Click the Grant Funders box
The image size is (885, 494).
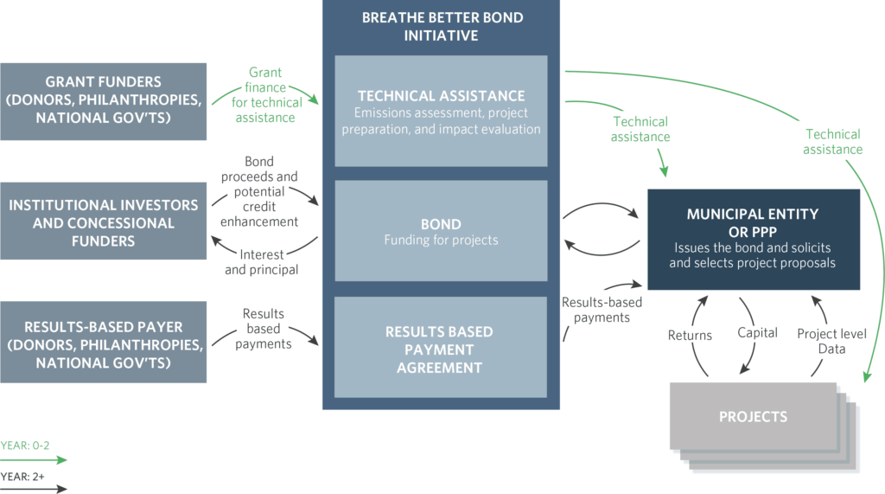pyautogui.click(x=104, y=101)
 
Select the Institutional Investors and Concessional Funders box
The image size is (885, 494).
pyautogui.click(x=104, y=222)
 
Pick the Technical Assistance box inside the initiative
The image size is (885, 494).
pyautogui.click(x=441, y=111)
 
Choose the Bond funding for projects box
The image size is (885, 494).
pyautogui.click(x=441, y=230)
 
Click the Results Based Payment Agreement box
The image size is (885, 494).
pyautogui.click(x=441, y=348)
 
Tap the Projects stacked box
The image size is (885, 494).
pyautogui.click(x=753, y=416)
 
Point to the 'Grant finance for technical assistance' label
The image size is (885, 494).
pyautogui.click(x=265, y=94)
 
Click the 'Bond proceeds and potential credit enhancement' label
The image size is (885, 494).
pyautogui.click(x=259, y=192)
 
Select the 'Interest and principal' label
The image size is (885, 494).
pyautogui.click(x=261, y=261)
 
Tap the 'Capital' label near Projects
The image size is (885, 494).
pyautogui.click(x=758, y=332)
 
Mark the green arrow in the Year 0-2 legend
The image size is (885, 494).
pyautogui.click(x=35, y=460)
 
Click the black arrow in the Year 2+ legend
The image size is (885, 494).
pyautogui.click(x=35, y=488)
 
